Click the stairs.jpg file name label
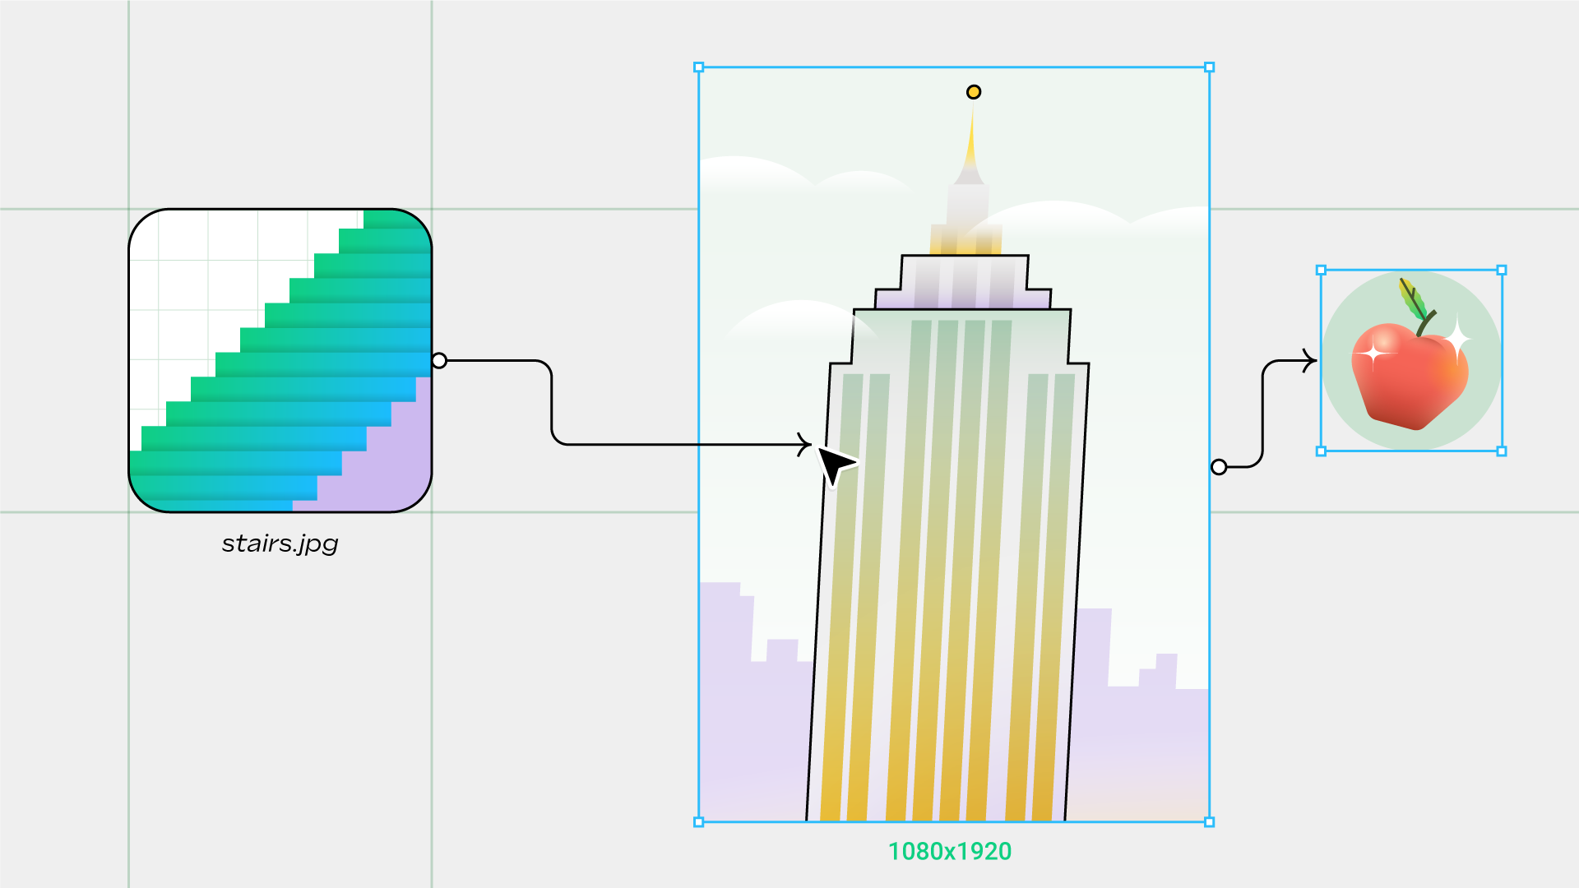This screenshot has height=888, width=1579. (x=280, y=543)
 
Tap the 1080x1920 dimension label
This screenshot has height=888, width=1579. (x=950, y=851)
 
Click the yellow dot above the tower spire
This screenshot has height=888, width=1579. (x=974, y=92)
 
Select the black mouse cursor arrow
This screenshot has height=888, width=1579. (x=834, y=465)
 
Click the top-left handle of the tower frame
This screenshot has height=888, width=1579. (x=699, y=67)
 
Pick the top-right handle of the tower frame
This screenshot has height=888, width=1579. (x=1209, y=67)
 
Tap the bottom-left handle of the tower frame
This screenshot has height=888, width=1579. (x=699, y=821)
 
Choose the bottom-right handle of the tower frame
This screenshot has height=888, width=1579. (x=1209, y=821)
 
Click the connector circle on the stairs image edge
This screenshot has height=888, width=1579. (x=439, y=360)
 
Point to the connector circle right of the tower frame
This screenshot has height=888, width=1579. (x=1219, y=467)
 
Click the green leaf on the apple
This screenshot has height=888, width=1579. (x=1413, y=299)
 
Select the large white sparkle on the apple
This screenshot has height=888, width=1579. (x=1457, y=338)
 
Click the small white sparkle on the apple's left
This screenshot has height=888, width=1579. (x=1372, y=354)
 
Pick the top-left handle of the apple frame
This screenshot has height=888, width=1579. (x=1322, y=270)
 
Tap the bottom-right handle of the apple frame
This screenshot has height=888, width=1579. (x=1502, y=451)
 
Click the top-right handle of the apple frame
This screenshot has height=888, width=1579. (x=1502, y=270)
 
